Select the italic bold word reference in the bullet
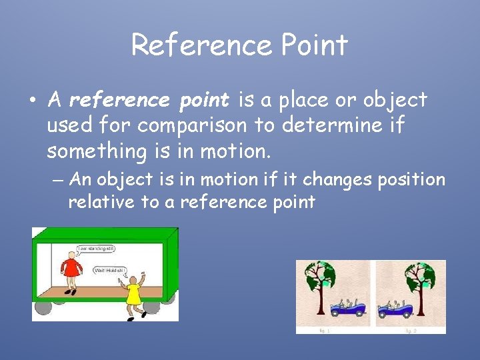tap(119, 100)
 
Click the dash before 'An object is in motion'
tap(58, 180)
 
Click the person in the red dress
tap(70, 271)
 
